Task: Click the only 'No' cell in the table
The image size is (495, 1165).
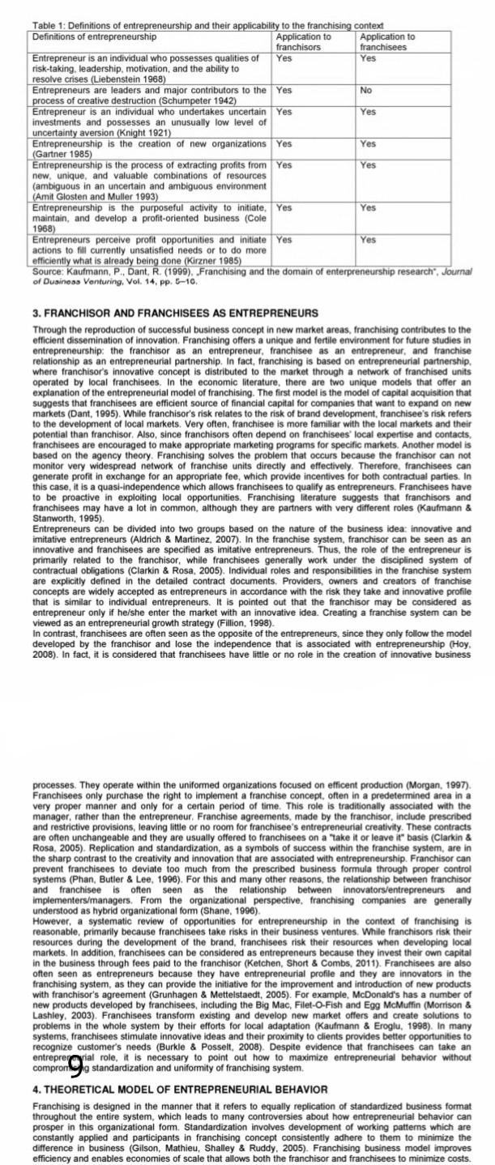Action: (x=366, y=91)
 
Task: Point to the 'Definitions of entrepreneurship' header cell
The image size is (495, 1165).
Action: (x=94, y=37)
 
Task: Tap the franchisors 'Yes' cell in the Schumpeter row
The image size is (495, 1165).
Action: (x=284, y=91)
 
